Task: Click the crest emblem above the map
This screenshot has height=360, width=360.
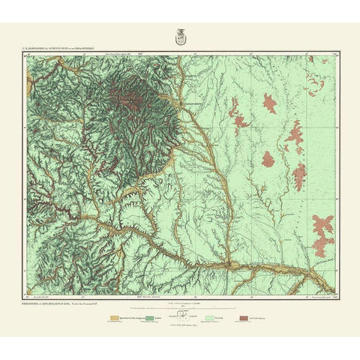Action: click(x=180, y=34)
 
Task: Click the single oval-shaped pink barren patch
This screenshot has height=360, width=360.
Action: click(x=268, y=103)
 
